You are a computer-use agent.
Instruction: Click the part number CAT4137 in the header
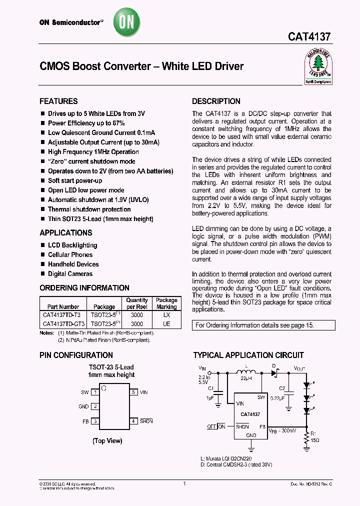[x=309, y=37]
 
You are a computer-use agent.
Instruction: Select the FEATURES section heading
[x=58, y=101]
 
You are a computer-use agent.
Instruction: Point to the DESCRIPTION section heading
[x=216, y=101]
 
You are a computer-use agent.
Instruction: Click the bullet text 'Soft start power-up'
[x=75, y=180]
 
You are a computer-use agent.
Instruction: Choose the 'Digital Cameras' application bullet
[x=70, y=273]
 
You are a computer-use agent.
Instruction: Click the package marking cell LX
[x=166, y=315]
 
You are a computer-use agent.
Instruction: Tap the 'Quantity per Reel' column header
[x=137, y=303]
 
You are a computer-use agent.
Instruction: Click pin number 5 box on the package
[x=134, y=392]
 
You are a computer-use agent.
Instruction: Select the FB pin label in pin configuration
[x=85, y=421]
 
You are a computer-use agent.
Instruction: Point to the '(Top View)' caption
[x=107, y=440]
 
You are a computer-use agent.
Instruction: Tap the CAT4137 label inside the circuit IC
[x=250, y=414]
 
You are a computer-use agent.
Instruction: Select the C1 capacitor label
[x=210, y=387]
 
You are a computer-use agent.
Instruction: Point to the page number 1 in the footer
[x=184, y=483]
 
